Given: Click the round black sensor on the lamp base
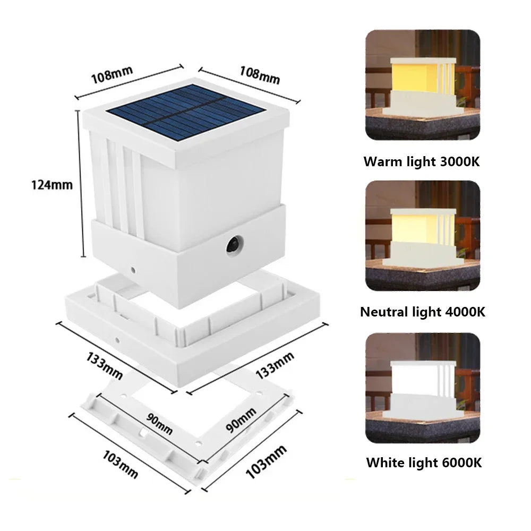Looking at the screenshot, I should [x=233, y=245].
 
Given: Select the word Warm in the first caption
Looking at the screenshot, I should [x=381, y=161].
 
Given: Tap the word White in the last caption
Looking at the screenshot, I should [x=383, y=463].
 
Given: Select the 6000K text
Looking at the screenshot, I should [x=460, y=463].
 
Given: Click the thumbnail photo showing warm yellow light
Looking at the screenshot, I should [x=423, y=85].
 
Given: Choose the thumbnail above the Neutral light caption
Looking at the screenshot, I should [x=423, y=235].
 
